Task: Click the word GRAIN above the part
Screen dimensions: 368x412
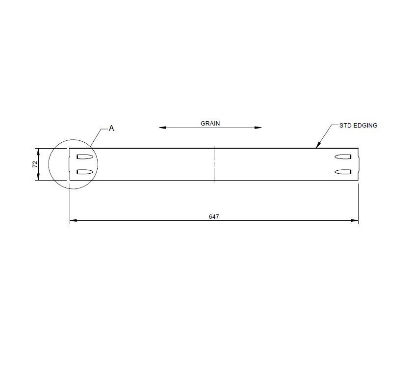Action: point(210,124)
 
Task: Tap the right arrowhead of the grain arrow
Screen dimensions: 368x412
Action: point(258,128)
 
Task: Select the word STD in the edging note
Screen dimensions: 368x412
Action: point(345,126)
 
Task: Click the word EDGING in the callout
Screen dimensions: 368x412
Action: point(365,126)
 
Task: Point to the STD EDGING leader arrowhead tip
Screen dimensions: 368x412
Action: point(316,147)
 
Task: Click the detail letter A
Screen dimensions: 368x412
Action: point(111,128)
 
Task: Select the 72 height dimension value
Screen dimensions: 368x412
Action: point(35,164)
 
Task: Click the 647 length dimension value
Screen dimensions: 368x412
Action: point(214,216)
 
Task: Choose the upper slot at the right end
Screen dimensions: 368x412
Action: point(342,157)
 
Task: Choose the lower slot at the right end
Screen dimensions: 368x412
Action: point(342,171)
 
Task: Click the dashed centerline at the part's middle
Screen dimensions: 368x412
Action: point(214,164)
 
